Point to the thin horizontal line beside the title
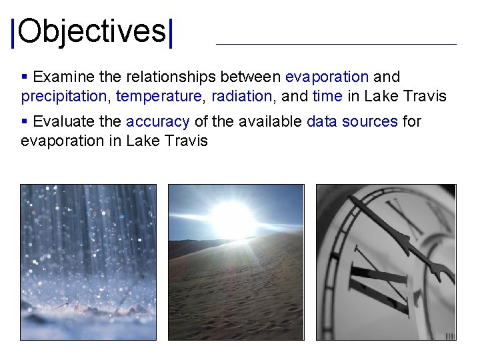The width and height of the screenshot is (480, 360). coord(336,44)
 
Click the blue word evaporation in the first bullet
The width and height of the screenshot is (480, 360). coord(327,77)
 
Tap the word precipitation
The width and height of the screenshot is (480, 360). coord(63,97)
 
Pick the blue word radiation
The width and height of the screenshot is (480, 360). coord(241,97)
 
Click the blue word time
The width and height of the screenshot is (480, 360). coord(327,97)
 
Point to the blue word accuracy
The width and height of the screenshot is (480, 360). coord(158,122)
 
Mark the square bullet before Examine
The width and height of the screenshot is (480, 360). coord(25,77)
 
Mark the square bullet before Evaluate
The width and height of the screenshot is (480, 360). coord(25,122)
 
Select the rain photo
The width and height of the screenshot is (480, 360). coord(88,262)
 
